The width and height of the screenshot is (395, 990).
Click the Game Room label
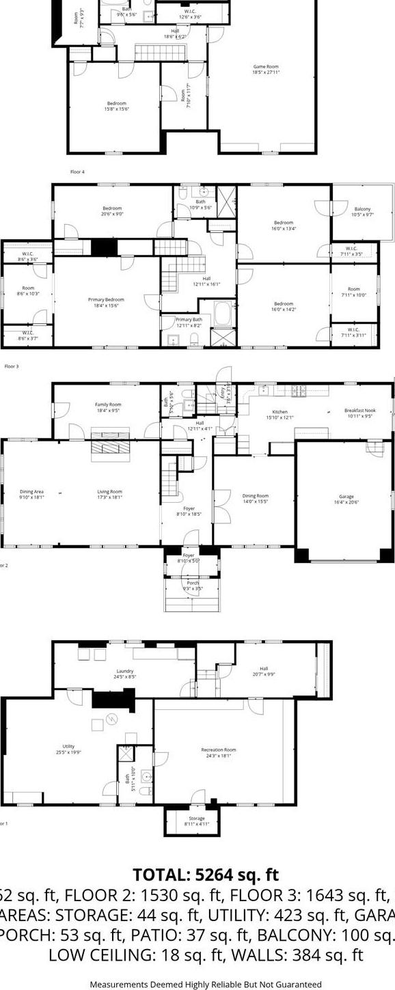pyautogui.click(x=267, y=69)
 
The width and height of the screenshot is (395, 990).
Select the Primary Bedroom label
pyautogui.click(x=106, y=302)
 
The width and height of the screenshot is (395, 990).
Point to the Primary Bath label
pyautogui.click(x=189, y=322)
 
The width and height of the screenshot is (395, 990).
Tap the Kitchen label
pyautogui.click(x=280, y=415)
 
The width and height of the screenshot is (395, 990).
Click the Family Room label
pyautogui.click(x=107, y=407)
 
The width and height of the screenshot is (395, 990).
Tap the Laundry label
pyautogui.click(x=124, y=674)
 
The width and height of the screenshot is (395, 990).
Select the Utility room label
pyautogui.click(x=68, y=749)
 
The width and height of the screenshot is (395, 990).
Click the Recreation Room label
pyautogui.click(x=219, y=752)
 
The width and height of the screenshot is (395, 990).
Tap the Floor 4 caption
pyautogui.click(x=77, y=171)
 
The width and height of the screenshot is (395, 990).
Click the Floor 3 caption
pyautogui.click(x=12, y=366)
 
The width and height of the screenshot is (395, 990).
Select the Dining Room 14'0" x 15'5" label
pyautogui.click(x=256, y=498)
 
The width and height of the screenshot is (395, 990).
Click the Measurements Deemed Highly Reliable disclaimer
pyautogui.click(x=206, y=984)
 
